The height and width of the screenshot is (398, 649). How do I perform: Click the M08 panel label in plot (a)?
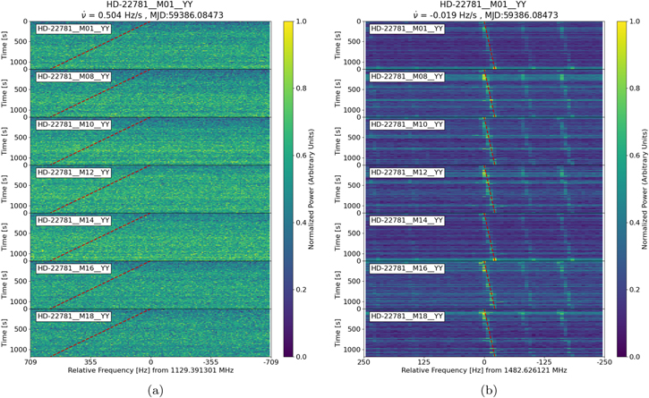tap(73, 77)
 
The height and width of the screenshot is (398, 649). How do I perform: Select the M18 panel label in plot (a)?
tap(73, 316)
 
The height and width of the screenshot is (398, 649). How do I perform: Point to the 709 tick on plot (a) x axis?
tap(31, 363)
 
